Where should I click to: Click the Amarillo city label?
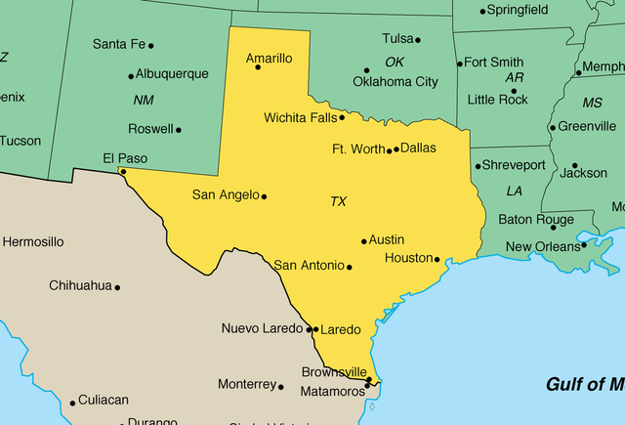pyautogui.click(x=269, y=59)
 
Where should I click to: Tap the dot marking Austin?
pyautogui.click(x=364, y=241)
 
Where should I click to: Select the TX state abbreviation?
pyautogui.click(x=338, y=201)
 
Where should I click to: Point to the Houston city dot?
pyautogui.click(x=437, y=260)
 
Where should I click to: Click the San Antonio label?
pyautogui.click(x=309, y=265)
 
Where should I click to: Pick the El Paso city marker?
pyautogui.click(x=122, y=171)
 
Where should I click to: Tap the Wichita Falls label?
pyautogui.click(x=300, y=117)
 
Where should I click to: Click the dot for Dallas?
pyautogui.click(x=396, y=149)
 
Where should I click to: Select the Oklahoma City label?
pyautogui.click(x=396, y=82)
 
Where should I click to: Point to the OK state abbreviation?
pyautogui.click(x=394, y=62)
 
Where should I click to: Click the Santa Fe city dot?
pyautogui.click(x=150, y=45)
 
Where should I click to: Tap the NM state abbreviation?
pyautogui.click(x=143, y=100)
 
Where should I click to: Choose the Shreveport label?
pyautogui.click(x=514, y=165)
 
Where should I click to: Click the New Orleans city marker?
pyautogui.click(x=584, y=244)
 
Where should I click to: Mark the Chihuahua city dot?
pyautogui.click(x=117, y=287)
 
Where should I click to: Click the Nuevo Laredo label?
pyautogui.click(x=263, y=328)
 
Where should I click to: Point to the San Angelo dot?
pyautogui.click(x=264, y=196)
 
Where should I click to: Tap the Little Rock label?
pyautogui.click(x=497, y=100)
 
